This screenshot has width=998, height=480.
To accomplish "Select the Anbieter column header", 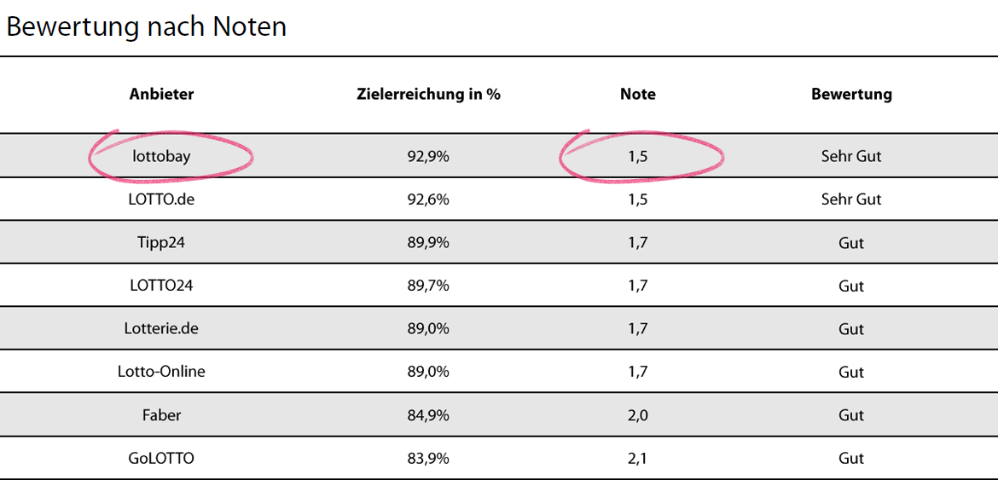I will pos(161,95).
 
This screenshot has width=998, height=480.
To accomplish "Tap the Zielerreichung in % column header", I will pos(428,95).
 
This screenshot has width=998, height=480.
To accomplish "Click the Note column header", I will pos(637,95).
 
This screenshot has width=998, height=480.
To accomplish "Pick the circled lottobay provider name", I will pos(161,157).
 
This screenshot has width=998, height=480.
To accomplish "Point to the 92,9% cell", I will pos(428,157).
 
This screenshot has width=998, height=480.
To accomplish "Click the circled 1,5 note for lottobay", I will pos(637,157).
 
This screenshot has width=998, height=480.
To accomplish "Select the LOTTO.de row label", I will pos(161,200).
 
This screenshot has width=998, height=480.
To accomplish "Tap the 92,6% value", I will pos(428,200).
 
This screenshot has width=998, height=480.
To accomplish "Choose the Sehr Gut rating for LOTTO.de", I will pos(850,200).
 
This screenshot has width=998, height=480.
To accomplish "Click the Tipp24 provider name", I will pos(161,243).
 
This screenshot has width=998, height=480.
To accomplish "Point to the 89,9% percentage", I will pos(428,243).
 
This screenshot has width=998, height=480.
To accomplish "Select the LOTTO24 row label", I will pos(161,286).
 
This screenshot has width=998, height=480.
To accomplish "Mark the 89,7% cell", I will pos(428,286).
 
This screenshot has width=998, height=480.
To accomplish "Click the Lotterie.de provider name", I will pos(161,329).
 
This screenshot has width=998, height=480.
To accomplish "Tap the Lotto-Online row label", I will pos(161,372).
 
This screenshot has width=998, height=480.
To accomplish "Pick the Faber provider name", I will pos(161,415).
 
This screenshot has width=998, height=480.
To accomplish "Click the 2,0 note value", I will pos(637,415).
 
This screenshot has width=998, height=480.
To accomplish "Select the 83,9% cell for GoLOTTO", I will pos(428,459).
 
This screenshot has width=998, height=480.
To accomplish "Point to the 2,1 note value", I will pos(637,459).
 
